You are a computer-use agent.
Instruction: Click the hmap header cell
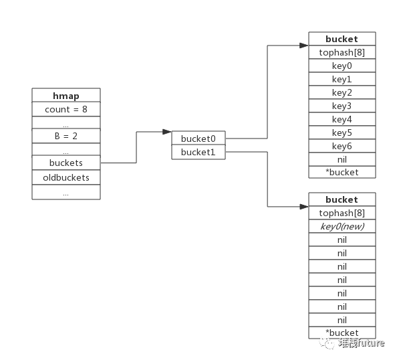coord(66,95)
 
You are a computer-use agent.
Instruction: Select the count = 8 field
coord(66,109)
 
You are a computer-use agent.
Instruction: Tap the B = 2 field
coord(66,136)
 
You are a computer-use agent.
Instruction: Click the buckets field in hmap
coord(66,163)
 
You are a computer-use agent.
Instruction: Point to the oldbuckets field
coord(66,177)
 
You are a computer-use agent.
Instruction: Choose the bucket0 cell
coord(198,138)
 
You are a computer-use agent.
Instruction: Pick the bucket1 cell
coord(198,152)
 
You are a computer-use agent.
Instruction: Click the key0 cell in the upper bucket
coord(342,66)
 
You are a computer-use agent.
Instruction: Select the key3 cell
coord(342,106)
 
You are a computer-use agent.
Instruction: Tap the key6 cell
coord(342,146)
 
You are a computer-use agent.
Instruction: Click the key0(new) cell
coord(342,226)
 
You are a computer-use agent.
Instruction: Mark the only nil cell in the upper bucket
coord(342,159)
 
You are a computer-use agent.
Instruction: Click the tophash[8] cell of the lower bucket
coord(342,213)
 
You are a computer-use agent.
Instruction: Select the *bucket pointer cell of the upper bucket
coord(342,172)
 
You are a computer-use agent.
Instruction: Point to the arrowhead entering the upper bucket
coord(304,46)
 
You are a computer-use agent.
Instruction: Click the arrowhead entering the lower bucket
coord(304,207)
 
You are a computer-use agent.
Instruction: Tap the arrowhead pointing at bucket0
coord(167,132)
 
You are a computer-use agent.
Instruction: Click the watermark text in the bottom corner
coord(352,343)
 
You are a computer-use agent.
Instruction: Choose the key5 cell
coord(342,132)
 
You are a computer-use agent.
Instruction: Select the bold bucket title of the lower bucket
coord(342,199)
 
